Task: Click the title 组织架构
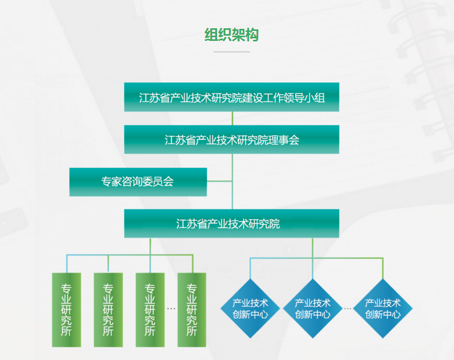(231, 35)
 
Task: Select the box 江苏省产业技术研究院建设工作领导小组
(231, 97)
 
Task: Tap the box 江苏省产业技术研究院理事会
(231, 140)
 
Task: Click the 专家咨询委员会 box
(138, 182)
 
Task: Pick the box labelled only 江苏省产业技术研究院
(231, 224)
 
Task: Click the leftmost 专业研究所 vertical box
(67, 310)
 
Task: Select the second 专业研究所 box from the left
(108, 310)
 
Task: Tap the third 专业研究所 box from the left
(150, 310)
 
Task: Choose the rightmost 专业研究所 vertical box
(192, 310)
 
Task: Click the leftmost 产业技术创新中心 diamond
(251, 309)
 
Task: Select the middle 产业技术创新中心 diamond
(312, 309)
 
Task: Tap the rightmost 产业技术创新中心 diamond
(383, 309)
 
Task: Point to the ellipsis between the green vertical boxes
(171, 309)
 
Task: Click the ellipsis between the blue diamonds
(348, 309)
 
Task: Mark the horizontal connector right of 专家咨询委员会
(220, 181)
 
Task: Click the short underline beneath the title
(231, 52)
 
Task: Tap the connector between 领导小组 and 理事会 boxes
(232, 118)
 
